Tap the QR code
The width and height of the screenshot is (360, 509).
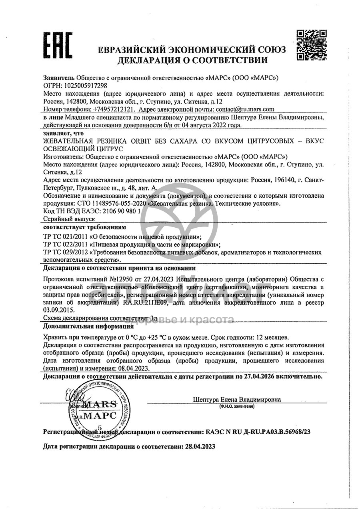click(x=312, y=44)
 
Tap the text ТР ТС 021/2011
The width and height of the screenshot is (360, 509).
click(x=66, y=236)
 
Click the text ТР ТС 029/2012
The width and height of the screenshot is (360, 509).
click(x=66, y=252)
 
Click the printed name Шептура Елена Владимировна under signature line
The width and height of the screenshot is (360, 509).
click(x=237, y=399)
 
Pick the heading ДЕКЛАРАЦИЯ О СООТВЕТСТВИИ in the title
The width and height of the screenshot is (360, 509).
click(x=192, y=61)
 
